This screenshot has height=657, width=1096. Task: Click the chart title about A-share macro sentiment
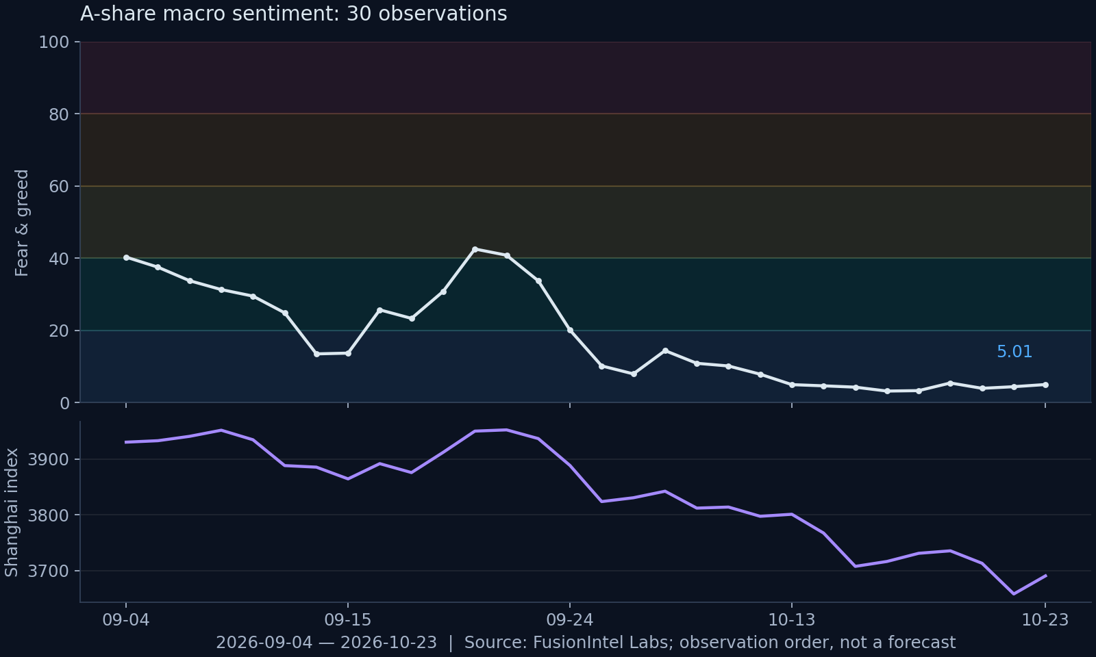pos(294,14)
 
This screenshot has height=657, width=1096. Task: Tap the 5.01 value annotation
pos(1014,352)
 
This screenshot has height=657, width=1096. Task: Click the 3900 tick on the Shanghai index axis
pos(50,459)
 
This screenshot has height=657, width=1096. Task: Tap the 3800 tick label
pos(50,515)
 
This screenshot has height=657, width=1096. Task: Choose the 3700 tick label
pos(50,571)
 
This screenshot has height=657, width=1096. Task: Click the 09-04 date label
pos(126,620)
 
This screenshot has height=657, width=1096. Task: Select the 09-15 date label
pos(348,620)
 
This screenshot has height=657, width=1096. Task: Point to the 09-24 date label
pos(570,620)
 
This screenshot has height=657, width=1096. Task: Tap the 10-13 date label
pos(792,620)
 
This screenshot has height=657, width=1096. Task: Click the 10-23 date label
pos(1045,620)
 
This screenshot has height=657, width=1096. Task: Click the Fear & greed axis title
pos(22,223)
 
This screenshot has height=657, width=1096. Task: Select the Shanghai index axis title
pos(11,513)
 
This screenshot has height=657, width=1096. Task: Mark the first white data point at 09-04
pos(126,257)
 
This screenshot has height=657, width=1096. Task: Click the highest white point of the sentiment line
pos(475,249)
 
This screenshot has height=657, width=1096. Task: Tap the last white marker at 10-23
pos(1045,385)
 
